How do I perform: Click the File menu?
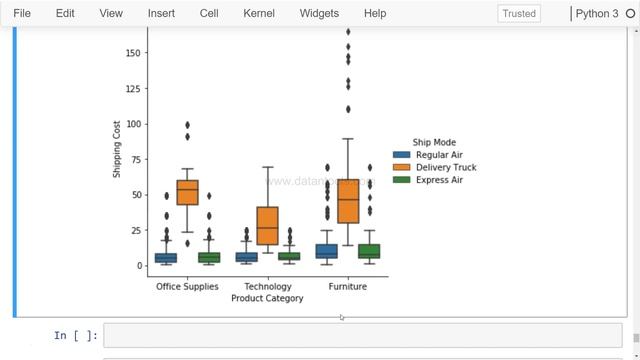(22, 13)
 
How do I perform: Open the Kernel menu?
(259, 13)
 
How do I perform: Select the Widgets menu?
(318, 13)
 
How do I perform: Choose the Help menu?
(375, 13)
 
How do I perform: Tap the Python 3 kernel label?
(597, 14)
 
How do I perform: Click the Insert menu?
(161, 13)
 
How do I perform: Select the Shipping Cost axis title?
(117, 149)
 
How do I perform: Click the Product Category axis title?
(267, 298)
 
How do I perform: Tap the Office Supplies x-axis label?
(187, 287)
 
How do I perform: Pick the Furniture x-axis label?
(347, 287)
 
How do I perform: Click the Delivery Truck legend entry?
(445, 168)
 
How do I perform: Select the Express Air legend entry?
(439, 180)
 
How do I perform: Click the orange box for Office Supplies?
(187, 192)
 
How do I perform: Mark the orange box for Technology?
(267, 226)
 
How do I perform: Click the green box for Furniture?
(369, 251)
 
